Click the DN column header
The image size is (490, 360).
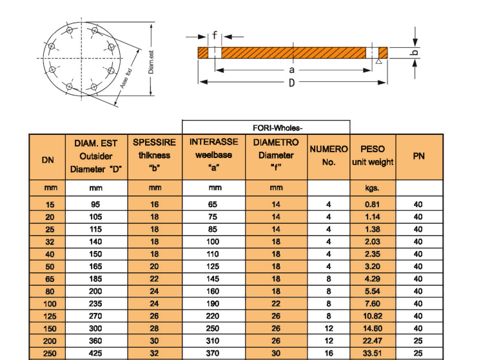point(47,161)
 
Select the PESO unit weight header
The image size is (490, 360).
point(372,155)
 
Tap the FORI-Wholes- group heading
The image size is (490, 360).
point(267,127)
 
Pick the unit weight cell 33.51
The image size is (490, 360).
point(372,353)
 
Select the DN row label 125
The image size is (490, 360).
point(47,317)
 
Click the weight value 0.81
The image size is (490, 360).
point(372,205)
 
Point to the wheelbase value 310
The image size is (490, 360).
point(213,341)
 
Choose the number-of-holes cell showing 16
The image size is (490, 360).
point(328,353)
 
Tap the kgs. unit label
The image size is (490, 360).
point(372,188)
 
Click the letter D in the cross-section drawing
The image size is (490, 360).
point(291,83)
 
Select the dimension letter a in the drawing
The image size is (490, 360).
point(291,69)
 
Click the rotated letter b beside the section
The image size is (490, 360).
point(415,52)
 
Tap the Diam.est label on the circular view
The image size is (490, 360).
point(151,61)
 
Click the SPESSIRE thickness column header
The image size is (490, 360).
point(155,155)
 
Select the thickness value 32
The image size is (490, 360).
point(155,353)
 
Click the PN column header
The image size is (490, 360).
point(418,155)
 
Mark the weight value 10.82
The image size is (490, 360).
point(372,317)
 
